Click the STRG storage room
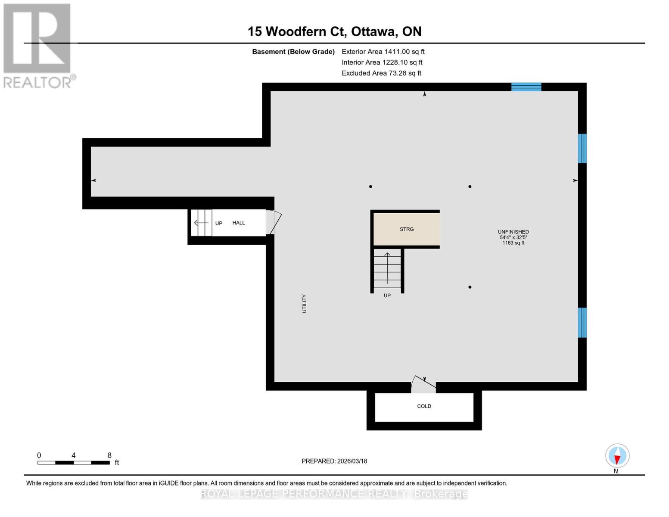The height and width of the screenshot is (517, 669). tap(406, 229)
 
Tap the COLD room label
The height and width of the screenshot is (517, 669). tap(424, 406)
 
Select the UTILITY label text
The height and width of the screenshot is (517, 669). tap(304, 304)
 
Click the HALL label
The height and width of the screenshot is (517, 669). tap(239, 223)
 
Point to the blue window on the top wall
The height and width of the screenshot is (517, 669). tap(526, 87)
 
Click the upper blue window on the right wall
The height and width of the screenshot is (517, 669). tap(582, 148)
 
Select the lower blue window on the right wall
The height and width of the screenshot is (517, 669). tap(582, 322)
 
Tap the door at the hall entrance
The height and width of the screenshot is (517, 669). tap(273, 222)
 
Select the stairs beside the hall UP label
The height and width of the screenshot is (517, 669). tap(202, 223)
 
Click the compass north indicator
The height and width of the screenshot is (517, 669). tap(617, 456)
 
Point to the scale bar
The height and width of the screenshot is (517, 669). tap(73, 463)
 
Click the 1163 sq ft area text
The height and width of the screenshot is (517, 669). tap(513, 243)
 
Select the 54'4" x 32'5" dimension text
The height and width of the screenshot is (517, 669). tap(513, 237)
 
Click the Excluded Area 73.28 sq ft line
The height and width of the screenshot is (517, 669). tap(381, 73)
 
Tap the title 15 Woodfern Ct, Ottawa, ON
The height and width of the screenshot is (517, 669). tap(334, 31)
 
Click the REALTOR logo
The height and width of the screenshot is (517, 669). tap(38, 45)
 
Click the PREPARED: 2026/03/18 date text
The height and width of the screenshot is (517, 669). tap(334, 461)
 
